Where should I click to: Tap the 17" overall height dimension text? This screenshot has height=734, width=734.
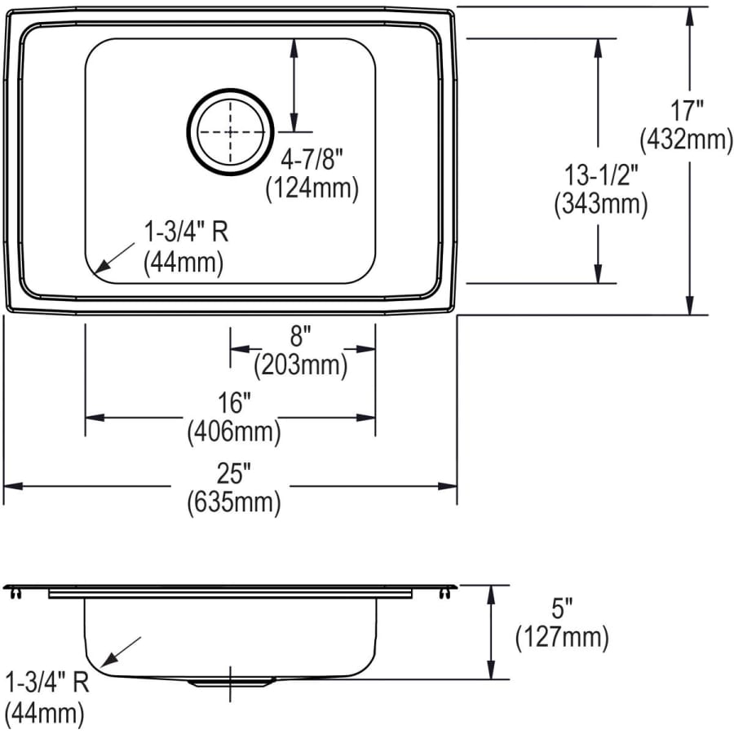[687, 109]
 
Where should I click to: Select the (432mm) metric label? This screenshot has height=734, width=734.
[687, 140]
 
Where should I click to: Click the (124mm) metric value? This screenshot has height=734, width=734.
[312, 188]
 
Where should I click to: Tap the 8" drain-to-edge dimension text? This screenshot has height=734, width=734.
[300, 334]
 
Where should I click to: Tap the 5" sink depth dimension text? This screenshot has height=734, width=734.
[562, 606]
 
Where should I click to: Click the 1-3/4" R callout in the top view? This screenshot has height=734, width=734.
[185, 232]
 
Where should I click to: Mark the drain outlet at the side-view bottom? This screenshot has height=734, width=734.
[232, 680]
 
